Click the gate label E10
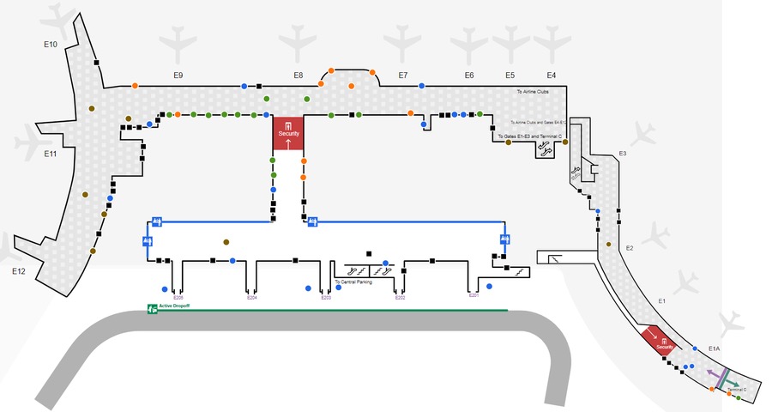point(50,43)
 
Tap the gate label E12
point(19,271)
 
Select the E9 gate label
point(178,76)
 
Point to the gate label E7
point(402,76)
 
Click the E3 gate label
point(623,154)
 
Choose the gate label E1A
point(715,348)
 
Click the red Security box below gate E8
point(289,133)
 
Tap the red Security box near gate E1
point(660,342)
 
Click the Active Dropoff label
point(174,306)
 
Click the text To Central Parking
point(353,282)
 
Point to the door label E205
point(178,298)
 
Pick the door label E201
point(473,296)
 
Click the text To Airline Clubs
point(532,91)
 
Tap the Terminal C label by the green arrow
point(737,390)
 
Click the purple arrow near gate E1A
point(713,376)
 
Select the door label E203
point(326,298)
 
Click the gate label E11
point(50,154)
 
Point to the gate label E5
point(510,76)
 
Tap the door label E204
point(252,298)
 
